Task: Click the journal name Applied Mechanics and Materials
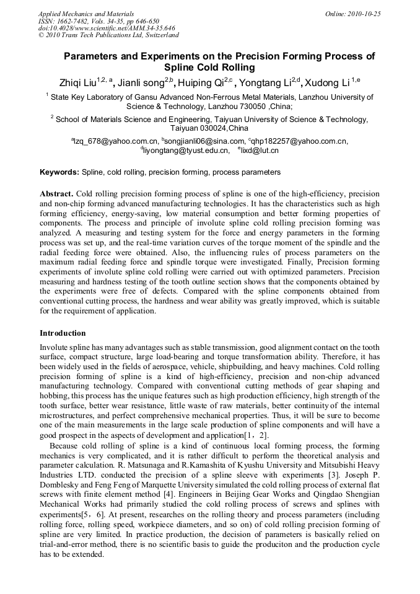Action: (x=85, y=13)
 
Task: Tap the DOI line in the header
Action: (x=107, y=28)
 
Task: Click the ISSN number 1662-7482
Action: (x=79, y=20)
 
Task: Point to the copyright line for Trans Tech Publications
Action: (x=108, y=35)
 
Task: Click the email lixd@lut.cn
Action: (x=260, y=151)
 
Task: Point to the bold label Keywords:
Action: (x=59, y=172)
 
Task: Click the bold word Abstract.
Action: (x=56, y=193)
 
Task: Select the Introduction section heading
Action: (x=63, y=333)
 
